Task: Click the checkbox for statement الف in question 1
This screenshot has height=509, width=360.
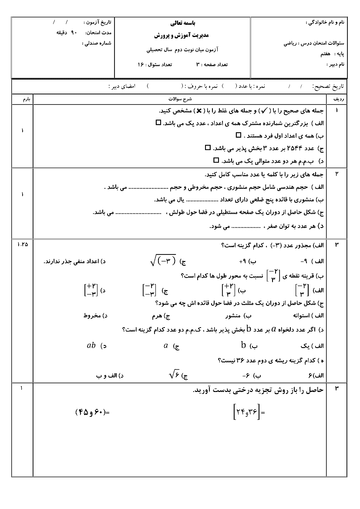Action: (x=158, y=123)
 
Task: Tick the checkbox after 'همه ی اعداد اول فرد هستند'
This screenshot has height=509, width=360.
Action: (x=238, y=135)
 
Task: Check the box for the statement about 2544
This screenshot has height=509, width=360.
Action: (x=207, y=148)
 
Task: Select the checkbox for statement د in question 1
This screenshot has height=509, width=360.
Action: (x=216, y=160)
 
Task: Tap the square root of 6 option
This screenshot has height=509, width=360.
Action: (x=174, y=374)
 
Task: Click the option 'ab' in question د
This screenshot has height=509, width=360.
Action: (x=91, y=345)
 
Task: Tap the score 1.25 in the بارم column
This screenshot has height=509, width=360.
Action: (x=22, y=244)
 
